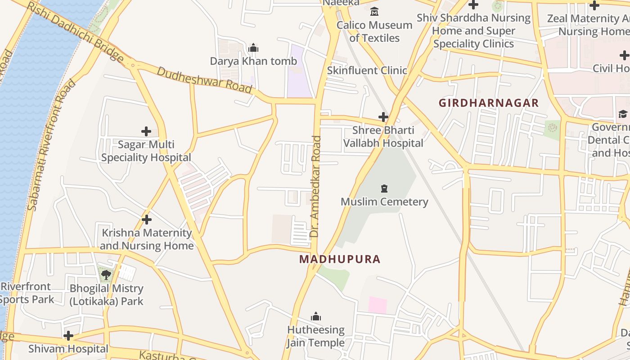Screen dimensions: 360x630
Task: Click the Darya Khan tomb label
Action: coord(253,61)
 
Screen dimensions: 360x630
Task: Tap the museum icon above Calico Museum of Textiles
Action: coord(374,11)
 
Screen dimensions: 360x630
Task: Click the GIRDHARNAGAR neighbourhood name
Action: coord(489,103)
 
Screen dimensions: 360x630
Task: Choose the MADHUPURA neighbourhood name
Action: coord(340,259)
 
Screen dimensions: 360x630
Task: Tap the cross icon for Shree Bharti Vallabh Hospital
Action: coord(383,117)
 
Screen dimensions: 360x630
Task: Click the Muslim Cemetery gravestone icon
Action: coord(384,189)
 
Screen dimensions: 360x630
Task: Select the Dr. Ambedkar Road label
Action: coord(315,187)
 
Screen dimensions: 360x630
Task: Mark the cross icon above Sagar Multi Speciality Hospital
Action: coord(146,131)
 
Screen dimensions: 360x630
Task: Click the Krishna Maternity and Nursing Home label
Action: coord(146,239)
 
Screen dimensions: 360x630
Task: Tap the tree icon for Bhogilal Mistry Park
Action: coord(106,274)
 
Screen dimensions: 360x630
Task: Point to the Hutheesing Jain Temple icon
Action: coord(316,317)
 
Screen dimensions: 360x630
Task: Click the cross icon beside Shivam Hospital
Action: coord(68,336)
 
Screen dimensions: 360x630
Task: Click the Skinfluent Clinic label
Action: coord(367,71)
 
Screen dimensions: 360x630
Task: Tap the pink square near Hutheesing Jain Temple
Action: coord(378,305)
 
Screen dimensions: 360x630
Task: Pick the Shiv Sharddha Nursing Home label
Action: coord(473,31)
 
